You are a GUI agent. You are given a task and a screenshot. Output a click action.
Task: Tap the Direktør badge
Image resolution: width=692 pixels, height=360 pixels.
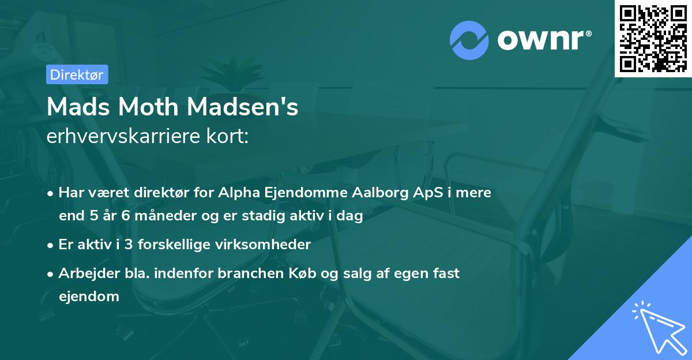pyautogui.click(x=77, y=74)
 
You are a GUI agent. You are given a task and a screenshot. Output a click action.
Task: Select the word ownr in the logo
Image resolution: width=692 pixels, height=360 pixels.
pyautogui.click(x=542, y=40)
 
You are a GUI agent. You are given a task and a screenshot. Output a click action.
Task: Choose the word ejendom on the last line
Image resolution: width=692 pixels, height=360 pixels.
pyautogui.click(x=89, y=297)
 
